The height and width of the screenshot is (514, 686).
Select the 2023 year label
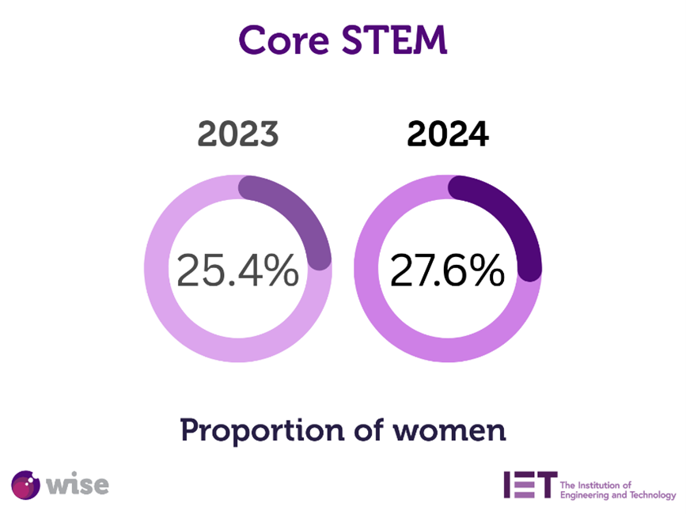[x=238, y=134]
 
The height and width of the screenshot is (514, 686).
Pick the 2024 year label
[x=448, y=134]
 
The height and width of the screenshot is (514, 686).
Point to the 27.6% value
[x=447, y=270]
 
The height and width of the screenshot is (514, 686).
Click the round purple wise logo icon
[x=26, y=484]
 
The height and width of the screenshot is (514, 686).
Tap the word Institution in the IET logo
[x=605, y=484]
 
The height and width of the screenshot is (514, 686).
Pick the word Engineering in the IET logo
[x=590, y=496]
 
